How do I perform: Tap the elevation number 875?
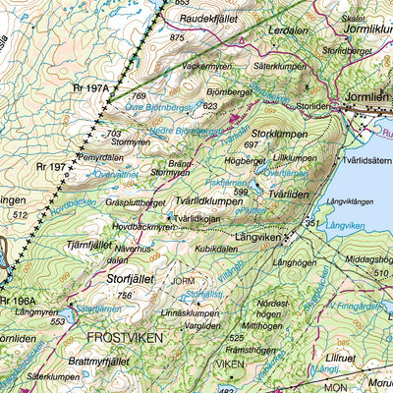coord(177,37)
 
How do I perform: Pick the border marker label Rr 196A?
coord(18,302)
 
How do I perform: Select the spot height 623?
coord(208,104)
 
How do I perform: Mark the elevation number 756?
coord(124,295)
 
